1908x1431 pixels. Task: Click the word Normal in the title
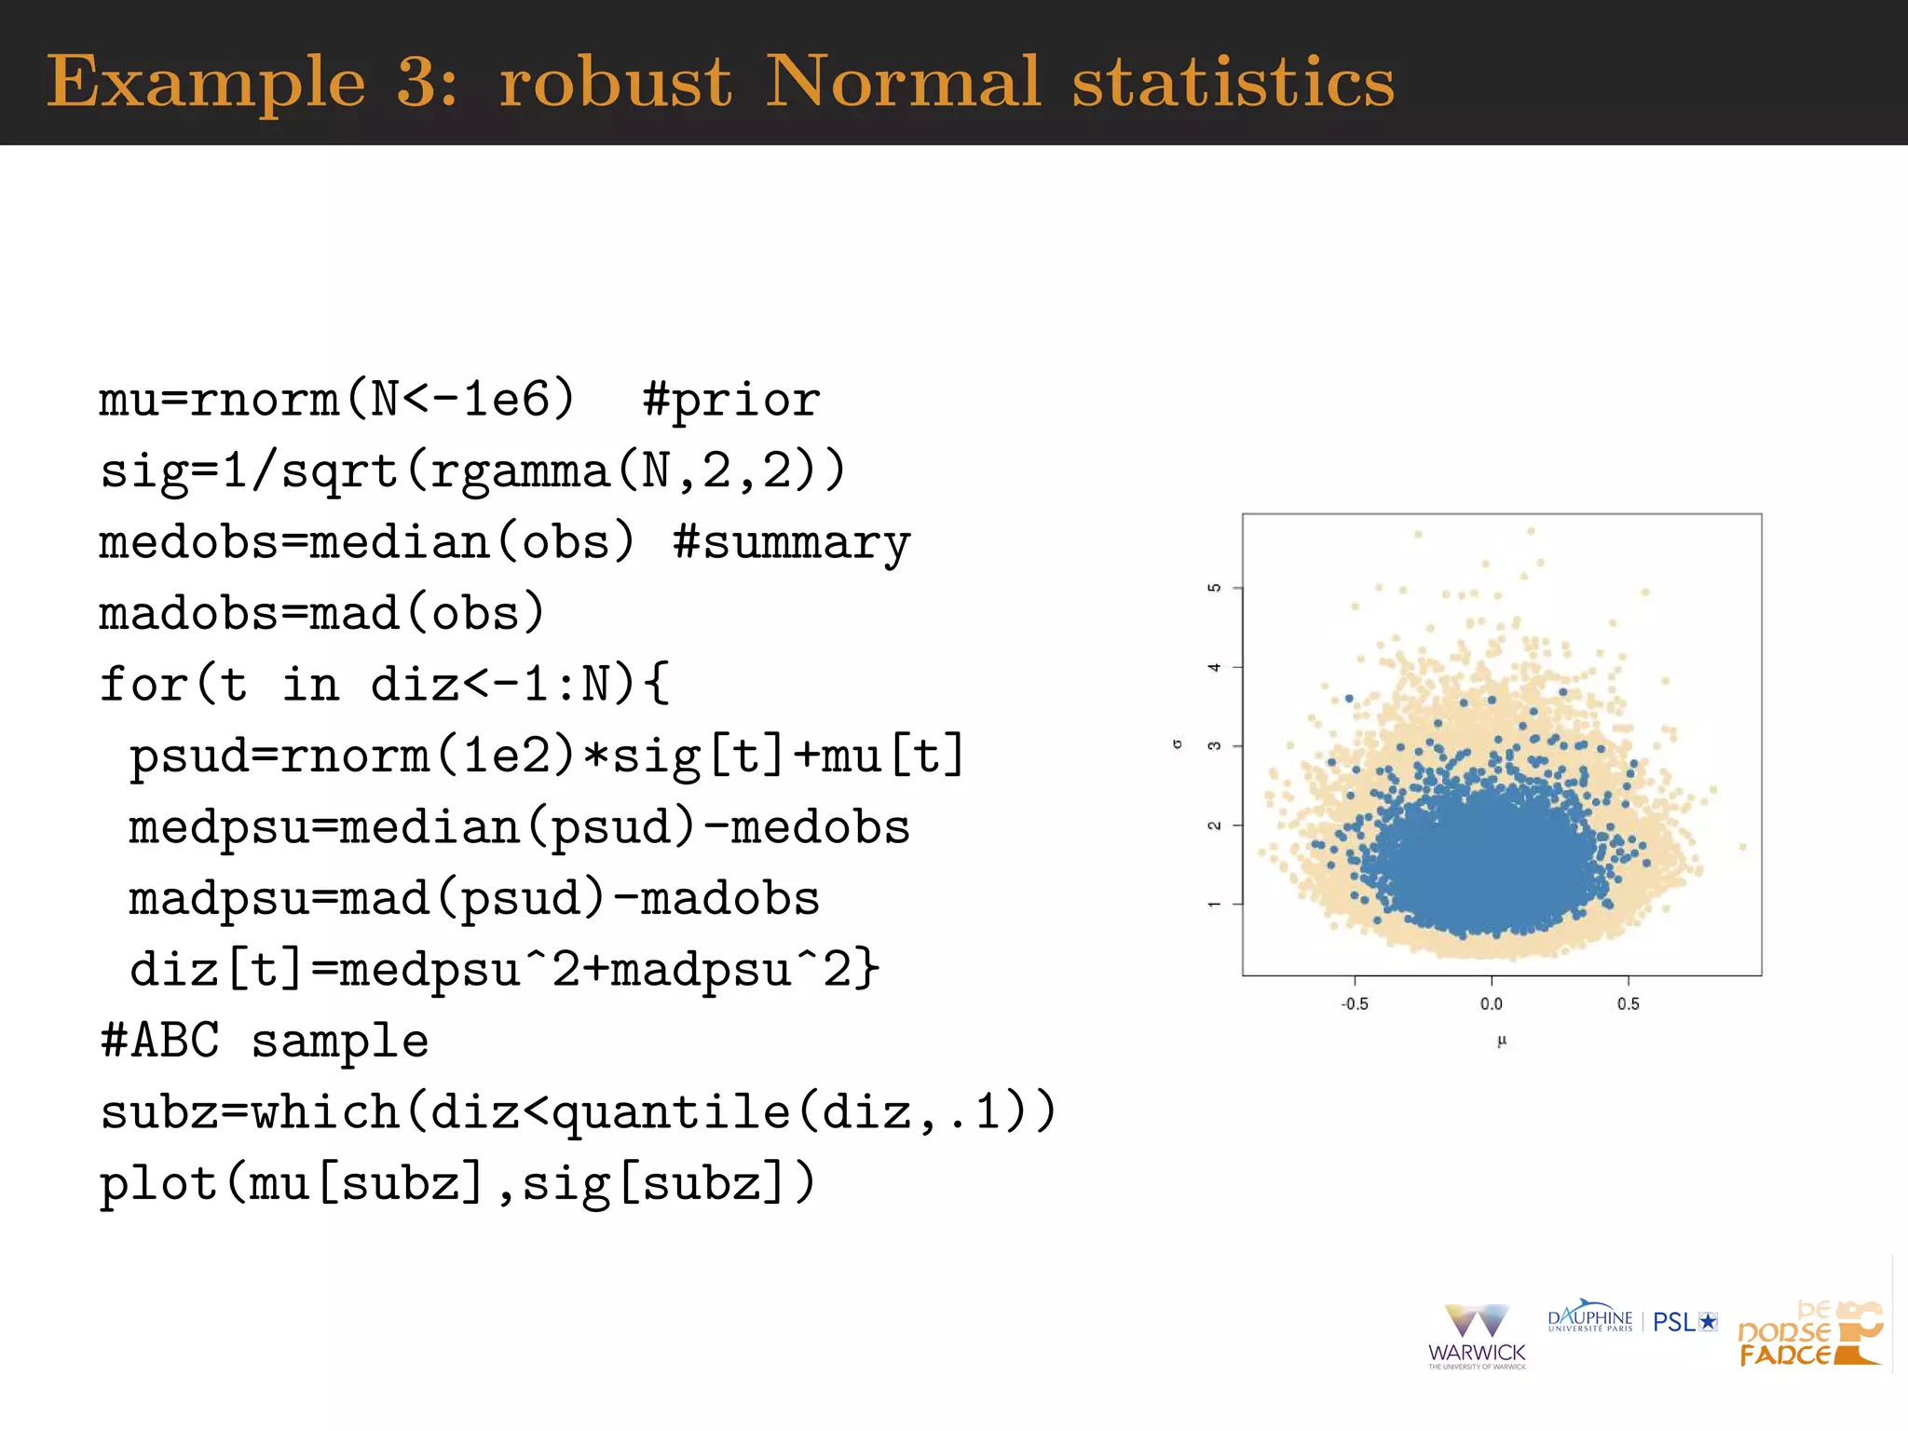901,82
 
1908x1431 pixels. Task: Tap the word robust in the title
615,82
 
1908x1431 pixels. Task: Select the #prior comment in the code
731,401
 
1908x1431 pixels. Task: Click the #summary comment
792,543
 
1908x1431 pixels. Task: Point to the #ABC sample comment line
265,1041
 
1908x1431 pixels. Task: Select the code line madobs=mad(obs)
321,614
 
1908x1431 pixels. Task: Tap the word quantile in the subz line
671,1112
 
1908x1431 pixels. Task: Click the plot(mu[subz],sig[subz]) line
457,1184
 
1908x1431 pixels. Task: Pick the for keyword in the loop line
144,685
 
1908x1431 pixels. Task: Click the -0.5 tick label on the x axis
1354,1004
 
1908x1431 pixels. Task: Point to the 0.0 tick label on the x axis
1491,1004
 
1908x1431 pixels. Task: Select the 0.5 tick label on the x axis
1628,1004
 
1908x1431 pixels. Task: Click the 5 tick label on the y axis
1214,588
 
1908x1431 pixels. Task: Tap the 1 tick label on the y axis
1214,904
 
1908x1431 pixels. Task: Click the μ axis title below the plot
1501,1042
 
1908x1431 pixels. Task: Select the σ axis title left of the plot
1178,744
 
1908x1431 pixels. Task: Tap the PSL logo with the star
1684,1322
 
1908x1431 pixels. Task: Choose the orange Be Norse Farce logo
1809,1335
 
